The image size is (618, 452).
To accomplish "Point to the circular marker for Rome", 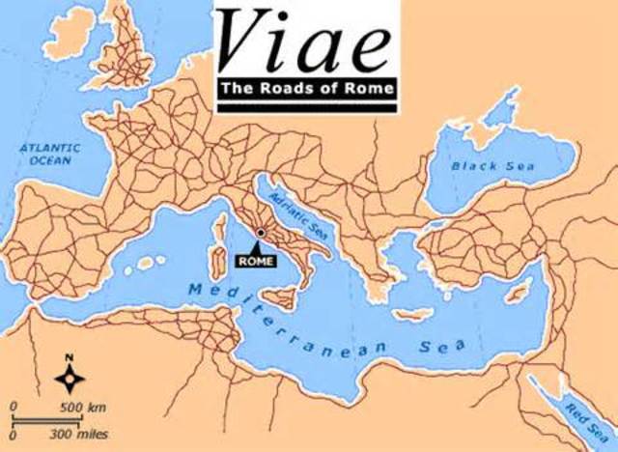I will [x=260, y=233].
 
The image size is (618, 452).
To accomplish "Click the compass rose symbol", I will [x=70, y=374].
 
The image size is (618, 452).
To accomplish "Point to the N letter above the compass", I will [x=70, y=356].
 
